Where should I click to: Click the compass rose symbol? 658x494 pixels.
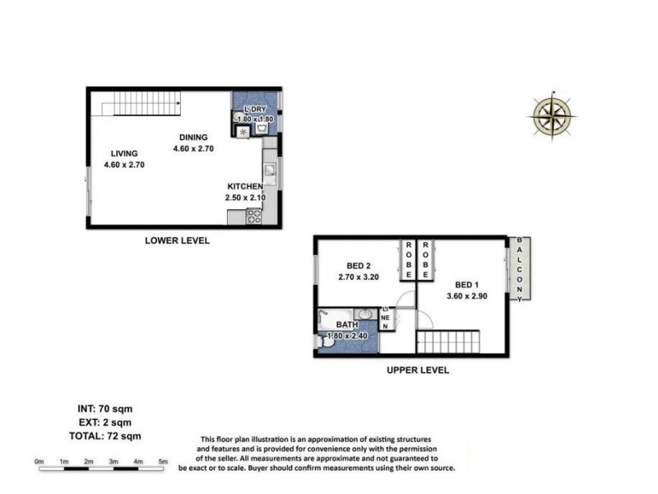click(x=552, y=114)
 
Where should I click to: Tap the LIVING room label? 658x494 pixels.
click(x=120, y=153)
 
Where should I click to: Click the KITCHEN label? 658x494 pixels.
click(x=244, y=186)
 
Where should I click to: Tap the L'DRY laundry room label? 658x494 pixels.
click(x=255, y=110)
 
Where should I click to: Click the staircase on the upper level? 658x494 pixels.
click(x=452, y=340)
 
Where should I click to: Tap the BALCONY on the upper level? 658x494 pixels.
click(x=520, y=268)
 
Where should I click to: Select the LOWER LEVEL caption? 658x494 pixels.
click(x=177, y=241)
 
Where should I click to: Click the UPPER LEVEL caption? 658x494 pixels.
click(x=417, y=371)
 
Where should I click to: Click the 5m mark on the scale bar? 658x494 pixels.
click(x=163, y=460)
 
